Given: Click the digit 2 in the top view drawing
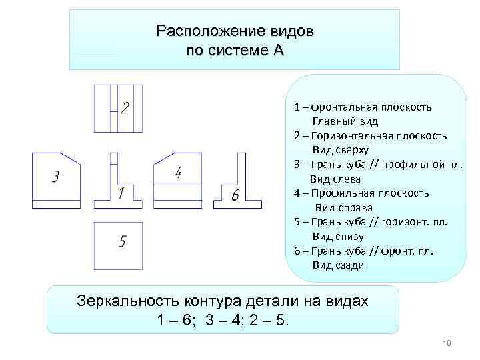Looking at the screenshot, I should (x=125, y=107).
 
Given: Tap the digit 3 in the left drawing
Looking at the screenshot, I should (x=56, y=177).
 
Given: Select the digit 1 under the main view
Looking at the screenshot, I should (x=121, y=194).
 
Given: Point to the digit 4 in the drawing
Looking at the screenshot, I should (x=178, y=173).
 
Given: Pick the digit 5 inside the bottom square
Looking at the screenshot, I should (x=122, y=241).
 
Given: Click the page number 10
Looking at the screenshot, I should (x=447, y=343).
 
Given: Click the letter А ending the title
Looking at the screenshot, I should (x=278, y=51).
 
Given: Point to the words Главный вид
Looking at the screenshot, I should (x=345, y=121).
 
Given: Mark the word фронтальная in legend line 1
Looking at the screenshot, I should (x=343, y=107).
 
